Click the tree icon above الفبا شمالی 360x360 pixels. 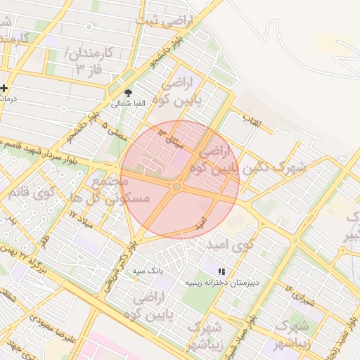coord(127,92)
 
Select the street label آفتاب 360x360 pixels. coord(252,122)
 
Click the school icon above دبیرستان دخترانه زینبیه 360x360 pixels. coord(222,271)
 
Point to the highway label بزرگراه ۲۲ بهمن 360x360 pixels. coord(39,257)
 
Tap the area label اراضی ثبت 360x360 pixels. coord(169,22)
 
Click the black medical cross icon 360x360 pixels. coord(5,88)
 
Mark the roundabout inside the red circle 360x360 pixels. coord(177,186)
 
